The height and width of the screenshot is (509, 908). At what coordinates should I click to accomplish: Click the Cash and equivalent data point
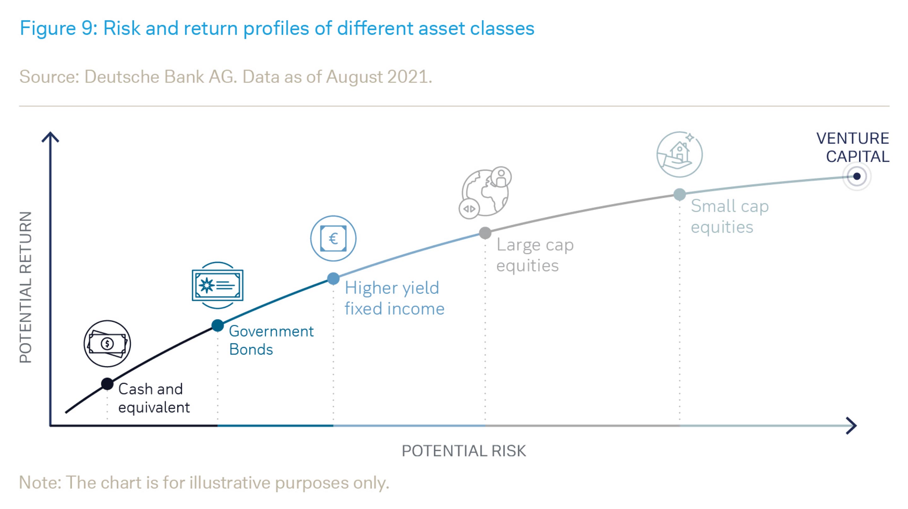[107, 384]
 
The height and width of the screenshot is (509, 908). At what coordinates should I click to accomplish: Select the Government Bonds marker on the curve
[218, 325]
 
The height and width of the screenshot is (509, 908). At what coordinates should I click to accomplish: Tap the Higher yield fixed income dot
[333, 279]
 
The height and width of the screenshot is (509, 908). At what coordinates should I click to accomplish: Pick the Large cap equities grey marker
[485, 233]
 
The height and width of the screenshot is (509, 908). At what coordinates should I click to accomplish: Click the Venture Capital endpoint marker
[857, 176]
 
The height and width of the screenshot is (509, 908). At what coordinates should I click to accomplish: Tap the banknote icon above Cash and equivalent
[107, 343]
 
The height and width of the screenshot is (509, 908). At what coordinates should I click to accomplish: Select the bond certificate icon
[218, 285]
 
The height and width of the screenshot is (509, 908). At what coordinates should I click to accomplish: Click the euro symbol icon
[333, 238]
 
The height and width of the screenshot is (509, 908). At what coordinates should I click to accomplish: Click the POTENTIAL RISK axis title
[464, 451]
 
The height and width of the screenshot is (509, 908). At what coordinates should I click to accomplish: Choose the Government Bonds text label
[271, 340]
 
